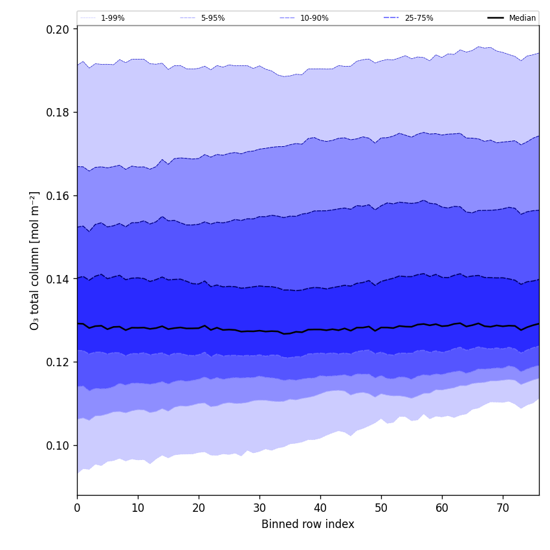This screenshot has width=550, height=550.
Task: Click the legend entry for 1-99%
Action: coord(112,18)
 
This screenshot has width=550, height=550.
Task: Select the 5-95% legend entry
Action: coord(212,18)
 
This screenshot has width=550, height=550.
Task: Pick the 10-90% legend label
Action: coord(314,18)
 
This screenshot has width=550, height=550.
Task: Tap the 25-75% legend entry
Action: coord(419,18)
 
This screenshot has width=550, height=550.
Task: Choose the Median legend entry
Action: coord(522,18)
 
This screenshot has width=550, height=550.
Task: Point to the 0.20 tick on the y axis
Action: coord(59,29)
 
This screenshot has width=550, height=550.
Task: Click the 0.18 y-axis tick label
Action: coord(59,112)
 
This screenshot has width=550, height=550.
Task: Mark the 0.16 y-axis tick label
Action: coord(59,195)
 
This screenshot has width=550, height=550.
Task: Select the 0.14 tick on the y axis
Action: coord(59,279)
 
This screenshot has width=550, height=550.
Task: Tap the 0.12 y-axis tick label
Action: coord(59,362)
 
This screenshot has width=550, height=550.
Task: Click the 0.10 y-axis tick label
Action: coord(59,445)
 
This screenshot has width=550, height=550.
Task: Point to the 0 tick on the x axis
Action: coord(77,508)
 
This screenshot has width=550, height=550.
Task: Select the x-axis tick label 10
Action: coord(138,508)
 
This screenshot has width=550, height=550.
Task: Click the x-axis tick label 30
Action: coord(259,508)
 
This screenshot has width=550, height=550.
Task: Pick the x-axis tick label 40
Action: coord(320,508)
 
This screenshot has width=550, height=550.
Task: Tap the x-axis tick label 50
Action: coord(381,508)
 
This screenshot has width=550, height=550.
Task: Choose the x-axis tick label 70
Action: coord(503,508)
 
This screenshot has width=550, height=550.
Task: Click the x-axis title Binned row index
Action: coord(308,524)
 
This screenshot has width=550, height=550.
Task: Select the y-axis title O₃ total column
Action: coord(35,260)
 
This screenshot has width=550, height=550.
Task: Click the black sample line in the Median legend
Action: coord(496,18)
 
